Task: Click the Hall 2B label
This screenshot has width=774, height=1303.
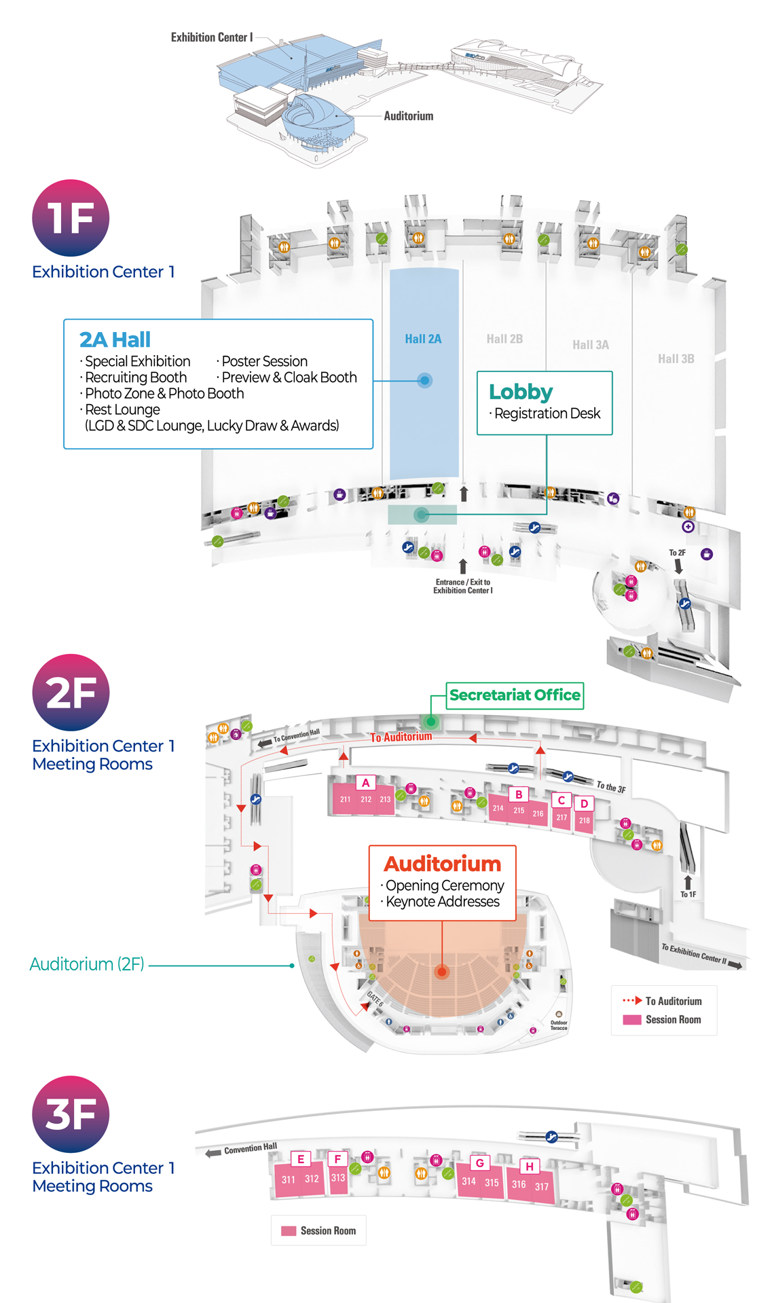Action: [504, 339]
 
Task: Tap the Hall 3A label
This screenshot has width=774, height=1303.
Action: [591, 345]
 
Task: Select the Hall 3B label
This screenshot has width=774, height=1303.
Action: [676, 359]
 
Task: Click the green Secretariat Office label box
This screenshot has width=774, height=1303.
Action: [515, 695]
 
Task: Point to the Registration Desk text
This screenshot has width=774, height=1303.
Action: [547, 414]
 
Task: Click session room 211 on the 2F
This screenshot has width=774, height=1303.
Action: [345, 799]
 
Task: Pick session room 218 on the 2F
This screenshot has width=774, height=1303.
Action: [585, 820]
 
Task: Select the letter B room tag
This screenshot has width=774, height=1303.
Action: [519, 794]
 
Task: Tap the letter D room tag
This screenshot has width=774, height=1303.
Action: [584, 804]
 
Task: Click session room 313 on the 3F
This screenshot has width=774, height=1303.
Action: [338, 1178]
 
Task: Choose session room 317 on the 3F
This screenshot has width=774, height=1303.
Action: [541, 1187]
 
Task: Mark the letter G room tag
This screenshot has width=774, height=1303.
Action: [480, 1163]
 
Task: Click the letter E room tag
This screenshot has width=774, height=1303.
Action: [301, 1159]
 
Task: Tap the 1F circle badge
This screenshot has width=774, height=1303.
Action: [71, 218]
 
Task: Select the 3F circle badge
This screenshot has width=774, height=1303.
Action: [71, 1114]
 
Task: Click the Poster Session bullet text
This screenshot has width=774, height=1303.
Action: [264, 361]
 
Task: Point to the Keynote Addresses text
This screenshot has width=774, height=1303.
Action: [443, 902]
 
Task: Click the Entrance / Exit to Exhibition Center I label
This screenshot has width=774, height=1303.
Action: [463, 587]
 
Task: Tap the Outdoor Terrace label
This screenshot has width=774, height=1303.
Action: [559, 1025]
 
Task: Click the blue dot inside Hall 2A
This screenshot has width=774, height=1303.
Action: [425, 380]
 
